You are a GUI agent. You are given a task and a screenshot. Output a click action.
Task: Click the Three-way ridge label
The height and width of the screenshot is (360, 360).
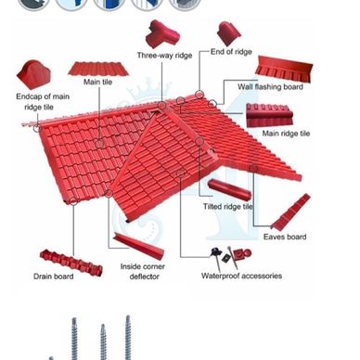point(164,56)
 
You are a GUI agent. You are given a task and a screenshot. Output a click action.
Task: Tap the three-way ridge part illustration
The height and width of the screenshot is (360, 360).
point(161,33)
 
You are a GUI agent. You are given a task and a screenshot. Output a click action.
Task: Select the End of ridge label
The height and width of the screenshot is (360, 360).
point(231,52)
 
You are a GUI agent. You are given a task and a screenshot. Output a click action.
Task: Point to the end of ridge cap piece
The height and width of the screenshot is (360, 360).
point(228,33)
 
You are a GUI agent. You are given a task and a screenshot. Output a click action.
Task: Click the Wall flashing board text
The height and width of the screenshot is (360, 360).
point(270,86)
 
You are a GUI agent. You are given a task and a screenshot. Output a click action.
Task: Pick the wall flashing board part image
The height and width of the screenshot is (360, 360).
point(284,70)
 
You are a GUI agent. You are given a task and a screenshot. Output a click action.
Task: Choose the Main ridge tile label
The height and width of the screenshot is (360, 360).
point(286,134)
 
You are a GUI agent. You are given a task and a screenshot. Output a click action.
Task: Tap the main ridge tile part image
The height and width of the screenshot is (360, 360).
point(269,115)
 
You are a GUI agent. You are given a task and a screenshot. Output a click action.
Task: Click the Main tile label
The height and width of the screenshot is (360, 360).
point(97,82)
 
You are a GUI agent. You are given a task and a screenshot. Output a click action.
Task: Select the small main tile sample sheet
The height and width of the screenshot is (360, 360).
point(98,69)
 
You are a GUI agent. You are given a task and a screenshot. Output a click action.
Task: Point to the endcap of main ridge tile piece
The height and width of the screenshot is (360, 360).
point(33,74)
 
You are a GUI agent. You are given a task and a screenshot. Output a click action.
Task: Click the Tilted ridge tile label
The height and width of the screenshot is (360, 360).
point(228,206)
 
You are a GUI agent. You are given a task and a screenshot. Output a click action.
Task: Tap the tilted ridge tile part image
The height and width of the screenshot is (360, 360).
point(229,189)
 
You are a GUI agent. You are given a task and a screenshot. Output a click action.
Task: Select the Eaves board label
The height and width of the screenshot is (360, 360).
point(285,237)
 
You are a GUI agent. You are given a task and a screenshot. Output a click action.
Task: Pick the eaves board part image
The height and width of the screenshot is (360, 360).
point(290,212)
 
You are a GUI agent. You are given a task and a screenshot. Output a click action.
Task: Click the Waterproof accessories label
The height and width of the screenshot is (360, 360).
point(241,276)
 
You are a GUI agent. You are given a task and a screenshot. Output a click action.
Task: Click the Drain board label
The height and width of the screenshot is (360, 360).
point(54,276)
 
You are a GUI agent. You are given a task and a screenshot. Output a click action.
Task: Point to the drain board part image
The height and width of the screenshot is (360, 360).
point(71,263)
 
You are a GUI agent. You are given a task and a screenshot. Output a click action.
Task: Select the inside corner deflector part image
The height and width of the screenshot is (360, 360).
point(139,247)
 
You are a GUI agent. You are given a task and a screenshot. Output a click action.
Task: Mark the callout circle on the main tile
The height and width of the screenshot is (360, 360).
point(99,144)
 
